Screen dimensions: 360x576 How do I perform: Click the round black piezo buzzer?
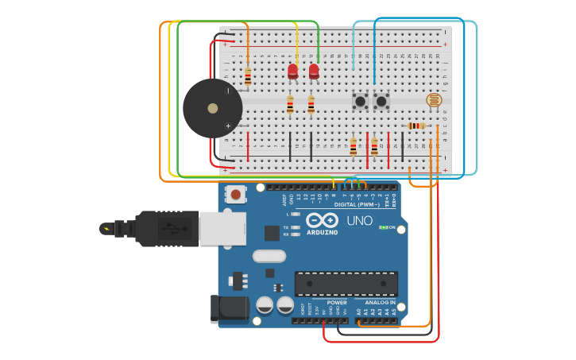point(212,108)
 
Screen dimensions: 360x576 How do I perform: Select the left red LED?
point(292,72)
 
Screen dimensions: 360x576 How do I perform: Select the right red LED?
point(314,72)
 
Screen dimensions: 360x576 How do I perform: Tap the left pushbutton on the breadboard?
point(360,101)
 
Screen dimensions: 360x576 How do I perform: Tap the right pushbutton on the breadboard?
point(381,101)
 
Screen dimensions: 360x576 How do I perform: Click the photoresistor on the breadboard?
point(433,100)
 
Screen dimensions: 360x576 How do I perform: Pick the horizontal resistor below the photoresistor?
point(416,126)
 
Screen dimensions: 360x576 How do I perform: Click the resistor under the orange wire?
point(248,77)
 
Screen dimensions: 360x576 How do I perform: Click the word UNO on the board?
point(359,220)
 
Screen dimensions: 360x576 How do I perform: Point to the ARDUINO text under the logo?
point(322,232)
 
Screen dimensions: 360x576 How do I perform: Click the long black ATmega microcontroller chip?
point(346,284)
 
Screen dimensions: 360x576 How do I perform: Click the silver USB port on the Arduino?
point(222,228)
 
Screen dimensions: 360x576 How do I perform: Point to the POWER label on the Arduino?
point(337,303)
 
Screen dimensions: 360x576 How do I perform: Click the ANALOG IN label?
point(380,303)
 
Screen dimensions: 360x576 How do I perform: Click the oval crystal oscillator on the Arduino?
point(269,256)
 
